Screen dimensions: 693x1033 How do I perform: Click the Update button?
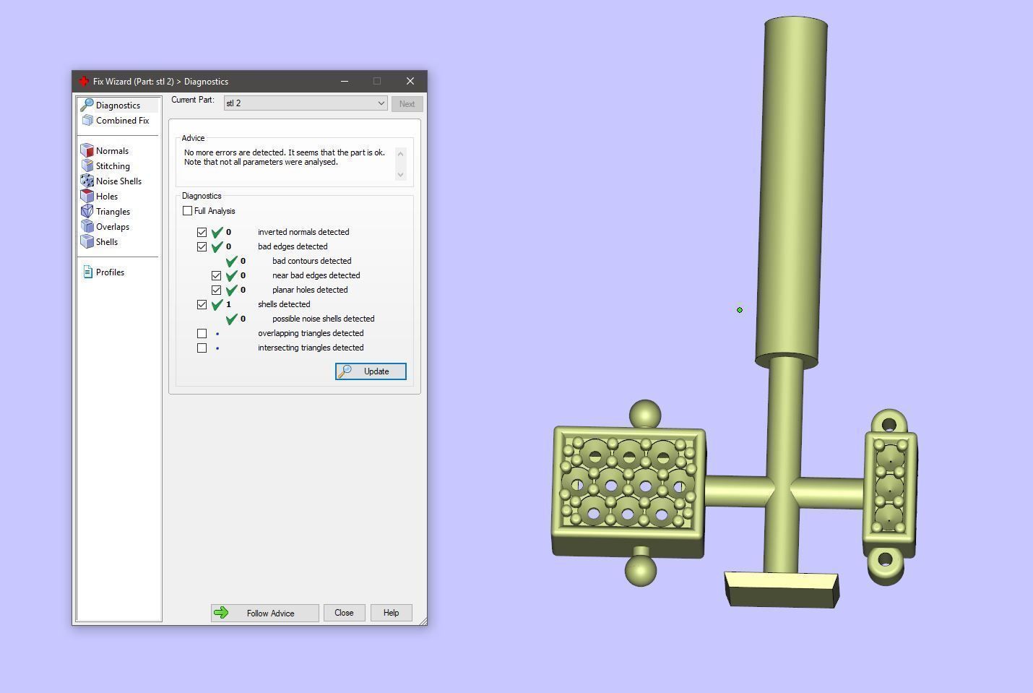(x=371, y=371)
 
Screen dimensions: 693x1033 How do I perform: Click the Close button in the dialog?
(x=344, y=613)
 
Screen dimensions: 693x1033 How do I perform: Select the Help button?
(x=391, y=613)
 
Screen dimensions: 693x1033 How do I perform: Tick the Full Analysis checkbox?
(x=188, y=211)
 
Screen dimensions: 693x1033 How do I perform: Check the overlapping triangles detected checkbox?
(x=202, y=333)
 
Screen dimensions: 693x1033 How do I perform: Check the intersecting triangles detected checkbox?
(x=202, y=348)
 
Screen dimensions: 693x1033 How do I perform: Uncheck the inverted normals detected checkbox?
(x=202, y=232)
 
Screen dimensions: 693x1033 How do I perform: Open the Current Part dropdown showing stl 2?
(x=306, y=103)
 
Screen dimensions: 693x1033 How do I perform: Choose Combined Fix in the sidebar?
(x=122, y=121)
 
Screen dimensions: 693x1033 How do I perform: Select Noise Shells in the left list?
(x=118, y=181)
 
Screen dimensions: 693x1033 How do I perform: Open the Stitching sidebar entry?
(x=113, y=166)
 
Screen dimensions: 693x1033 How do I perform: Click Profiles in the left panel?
(x=110, y=272)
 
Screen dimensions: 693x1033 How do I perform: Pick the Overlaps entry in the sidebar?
(x=112, y=227)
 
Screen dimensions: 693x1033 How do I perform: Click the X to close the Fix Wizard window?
(x=410, y=81)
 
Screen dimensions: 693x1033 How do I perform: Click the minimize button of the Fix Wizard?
(x=345, y=81)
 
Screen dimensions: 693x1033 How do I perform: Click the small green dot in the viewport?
(x=740, y=310)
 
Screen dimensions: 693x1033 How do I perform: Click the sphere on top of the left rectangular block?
(x=645, y=415)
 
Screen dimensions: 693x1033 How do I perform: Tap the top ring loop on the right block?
(x=889, y=422)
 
